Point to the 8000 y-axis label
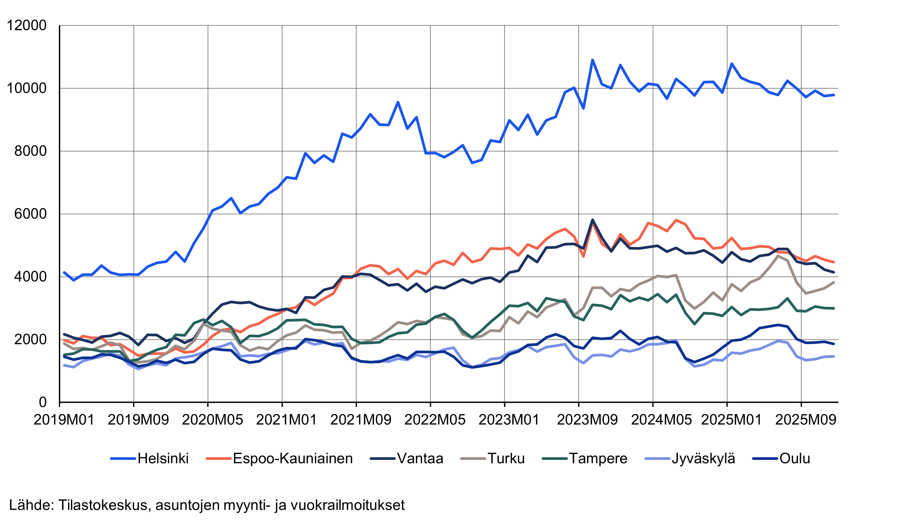pos(31,151)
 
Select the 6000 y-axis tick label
pos(31,214)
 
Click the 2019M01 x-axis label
pos(64,420)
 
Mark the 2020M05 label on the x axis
pos(212,420)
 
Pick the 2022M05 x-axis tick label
pos(435,420)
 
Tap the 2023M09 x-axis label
pos(587,420)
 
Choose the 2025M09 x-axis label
pos(806,420)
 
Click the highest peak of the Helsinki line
pos(592,60)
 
